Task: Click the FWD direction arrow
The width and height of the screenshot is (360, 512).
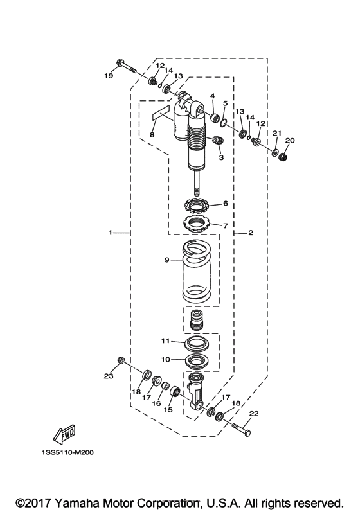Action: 64,435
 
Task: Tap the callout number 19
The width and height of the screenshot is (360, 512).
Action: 109,76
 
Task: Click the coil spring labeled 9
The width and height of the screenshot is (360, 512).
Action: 196,270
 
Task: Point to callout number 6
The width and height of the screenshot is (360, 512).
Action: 226,203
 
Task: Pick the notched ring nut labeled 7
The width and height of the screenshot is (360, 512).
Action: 196,224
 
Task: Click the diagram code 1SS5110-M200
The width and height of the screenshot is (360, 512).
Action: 67,452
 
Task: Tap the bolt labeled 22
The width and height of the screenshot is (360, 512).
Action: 242,429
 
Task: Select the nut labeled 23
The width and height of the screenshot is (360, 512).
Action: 120,360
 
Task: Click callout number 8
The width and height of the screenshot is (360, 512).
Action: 152,134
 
